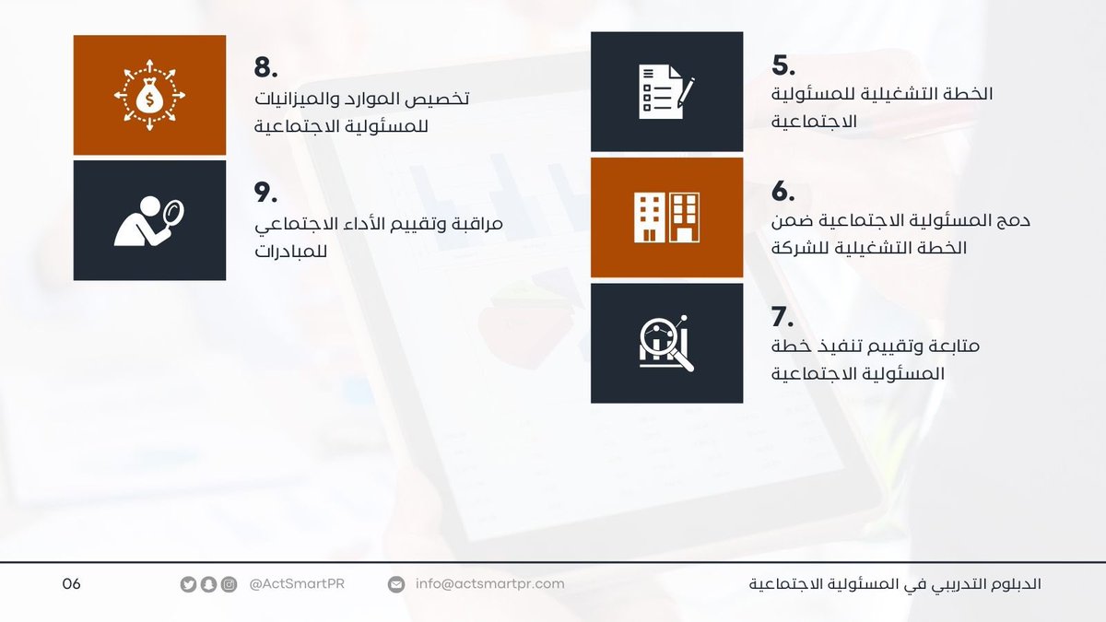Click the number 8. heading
[x=266, y=68]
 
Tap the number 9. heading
[x=266, y=193]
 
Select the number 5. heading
[x=783, y=65]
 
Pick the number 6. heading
[x=783, y=191]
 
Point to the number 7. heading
[x=782, y=317]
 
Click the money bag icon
[x=149, y=95]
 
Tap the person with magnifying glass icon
[x=149, y=221]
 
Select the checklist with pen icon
[x=666, y=92]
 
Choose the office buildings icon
[x=666, y=217]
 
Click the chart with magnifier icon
[x=666, y=343]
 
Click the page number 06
[x=72, y=584]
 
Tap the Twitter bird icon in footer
[x=188, y=584]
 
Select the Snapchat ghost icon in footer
[x=208, y=584]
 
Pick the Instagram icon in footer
[x=229, y=584]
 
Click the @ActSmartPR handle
[x=297, y=584]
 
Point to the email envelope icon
[x=396, y=584]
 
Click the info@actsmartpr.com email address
[x=489, y=584]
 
